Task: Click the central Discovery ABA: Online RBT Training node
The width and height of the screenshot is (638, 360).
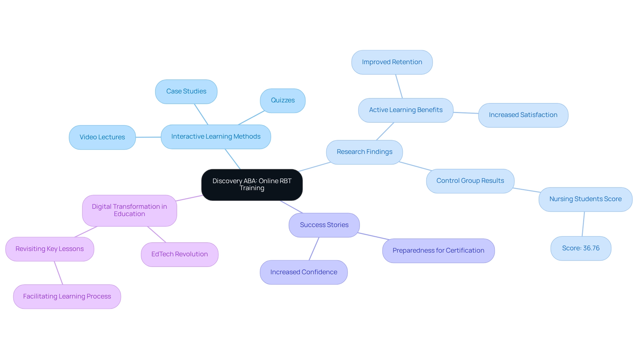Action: (252, 184)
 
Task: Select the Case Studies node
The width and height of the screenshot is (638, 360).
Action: (186, 91)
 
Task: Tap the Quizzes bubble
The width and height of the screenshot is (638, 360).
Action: (282, 100)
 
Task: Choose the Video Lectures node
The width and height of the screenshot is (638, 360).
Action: (102, 137)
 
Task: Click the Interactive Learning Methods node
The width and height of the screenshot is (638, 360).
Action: (216, 137)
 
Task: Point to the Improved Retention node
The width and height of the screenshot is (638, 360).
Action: (392, 62)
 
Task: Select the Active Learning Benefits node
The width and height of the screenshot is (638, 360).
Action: (405, 110)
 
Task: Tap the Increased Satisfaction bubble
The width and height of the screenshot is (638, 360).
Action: (523, 115)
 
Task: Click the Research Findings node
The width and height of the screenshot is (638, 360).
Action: (364, 152)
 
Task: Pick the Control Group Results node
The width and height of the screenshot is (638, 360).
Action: (470, 181)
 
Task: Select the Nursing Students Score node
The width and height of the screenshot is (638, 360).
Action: (585, 199)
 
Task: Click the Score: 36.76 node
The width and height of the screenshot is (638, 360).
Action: (581, 248)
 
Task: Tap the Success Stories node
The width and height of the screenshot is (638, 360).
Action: (324, 225)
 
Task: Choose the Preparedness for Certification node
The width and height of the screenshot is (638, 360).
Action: (438, 251)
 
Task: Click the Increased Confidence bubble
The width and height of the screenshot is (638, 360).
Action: (303, 272)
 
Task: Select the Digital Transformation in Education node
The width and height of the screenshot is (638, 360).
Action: (129, 210)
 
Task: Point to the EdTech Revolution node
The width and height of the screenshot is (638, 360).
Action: (179, 254)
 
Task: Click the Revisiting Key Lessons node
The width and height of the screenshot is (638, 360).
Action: (50, 249)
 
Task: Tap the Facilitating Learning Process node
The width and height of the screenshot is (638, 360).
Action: (67, 297)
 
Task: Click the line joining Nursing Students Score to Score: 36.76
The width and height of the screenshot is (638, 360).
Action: (583, 224)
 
